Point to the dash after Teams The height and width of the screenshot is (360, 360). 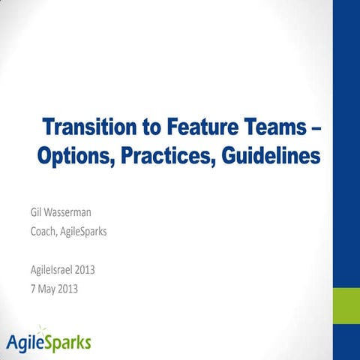[315, 126]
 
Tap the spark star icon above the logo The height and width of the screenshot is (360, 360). [43, 328]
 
